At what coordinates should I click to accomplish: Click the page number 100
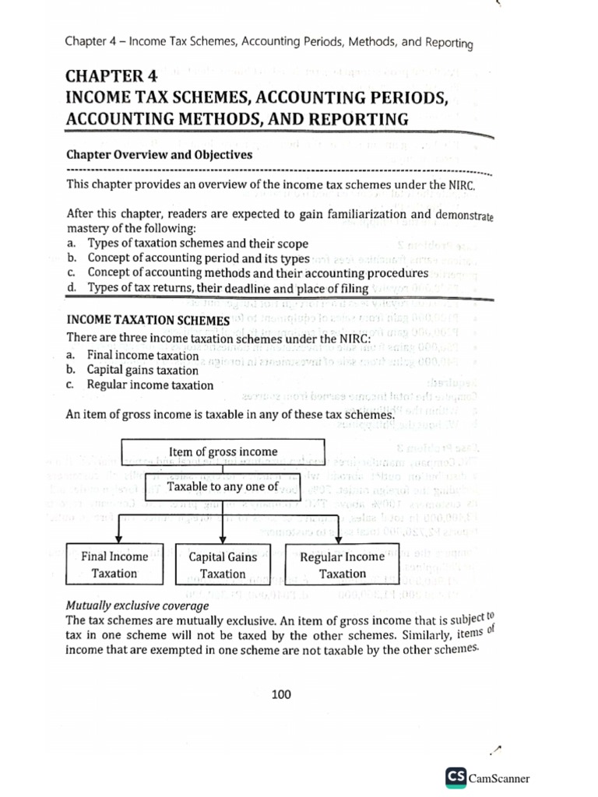(281, 694)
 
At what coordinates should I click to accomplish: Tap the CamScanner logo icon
(456, 777)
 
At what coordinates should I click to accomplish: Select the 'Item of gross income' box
(223, 451)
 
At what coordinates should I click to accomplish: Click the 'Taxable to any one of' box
(223, 486)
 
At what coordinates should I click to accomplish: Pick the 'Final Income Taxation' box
(114, 565)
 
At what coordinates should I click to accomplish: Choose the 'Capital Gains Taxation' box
(223, 566)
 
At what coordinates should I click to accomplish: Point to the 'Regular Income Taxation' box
(343, 565)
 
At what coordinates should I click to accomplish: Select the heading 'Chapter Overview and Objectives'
(159, 154)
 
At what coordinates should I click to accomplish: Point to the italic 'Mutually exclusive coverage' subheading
(138, 605)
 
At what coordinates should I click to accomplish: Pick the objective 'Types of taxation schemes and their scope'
(198, 244)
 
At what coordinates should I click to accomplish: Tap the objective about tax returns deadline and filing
(227, 288)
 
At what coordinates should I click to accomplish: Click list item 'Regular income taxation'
(149, 384)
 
